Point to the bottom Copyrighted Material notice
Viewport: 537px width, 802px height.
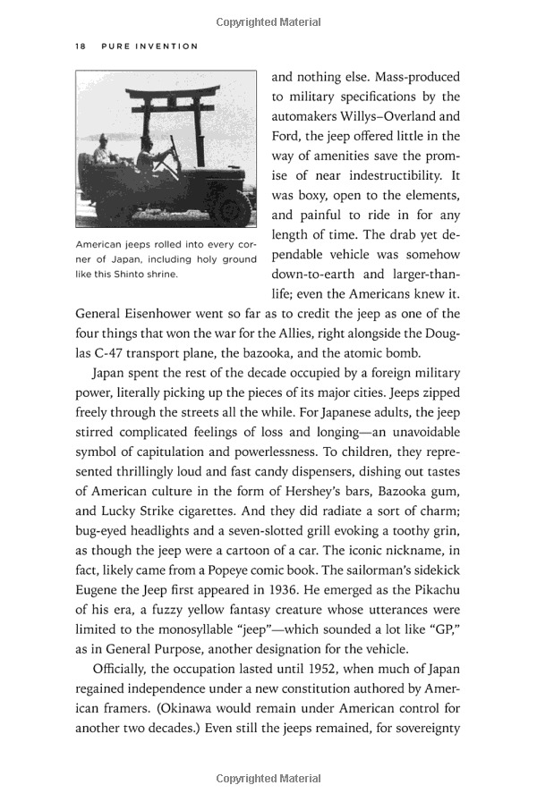coord(268,779)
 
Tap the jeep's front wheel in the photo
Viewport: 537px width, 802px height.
coord(234,207)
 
